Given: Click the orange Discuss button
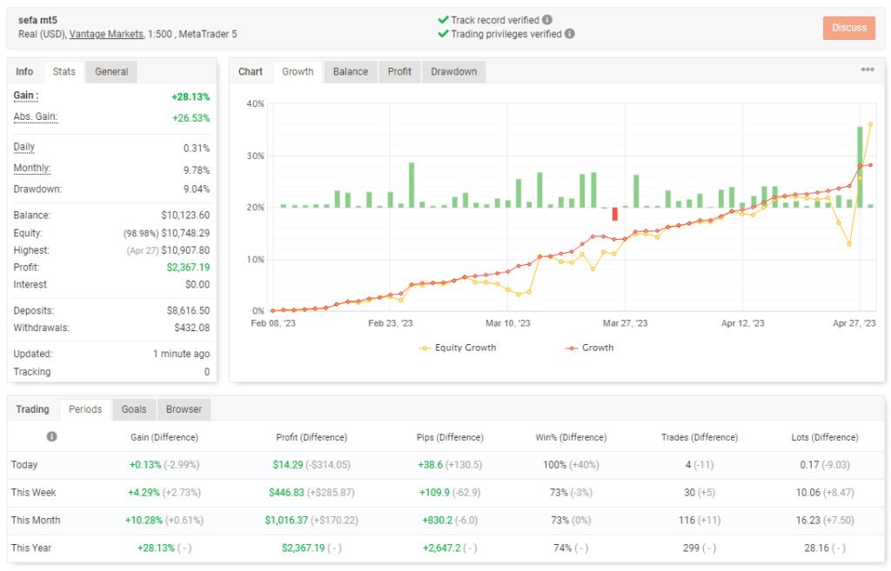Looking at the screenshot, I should (x=848, y=28).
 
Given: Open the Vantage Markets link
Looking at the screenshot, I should (x=108, y=34).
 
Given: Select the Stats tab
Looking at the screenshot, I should (x=64, y=72).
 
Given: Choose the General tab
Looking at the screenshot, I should (x=111, y=72).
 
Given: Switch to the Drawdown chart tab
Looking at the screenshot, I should (x=454, y=72).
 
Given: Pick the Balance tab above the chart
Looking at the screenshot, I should (x=350, y=72).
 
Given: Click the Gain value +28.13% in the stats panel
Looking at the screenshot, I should (x=191, y=97).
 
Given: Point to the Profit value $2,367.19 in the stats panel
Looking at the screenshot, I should (x=188, y=268).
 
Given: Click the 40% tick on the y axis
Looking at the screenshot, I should (x=256, y=104).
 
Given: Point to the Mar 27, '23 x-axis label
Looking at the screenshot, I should (x=625, y=323).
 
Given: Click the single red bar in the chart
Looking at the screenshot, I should (x=614, y=214).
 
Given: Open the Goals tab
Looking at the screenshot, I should (x=133, y=409).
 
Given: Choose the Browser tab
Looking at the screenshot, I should (x=184, y=409).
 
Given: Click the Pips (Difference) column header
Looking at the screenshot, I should (x=445, y=437).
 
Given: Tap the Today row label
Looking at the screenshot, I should (x=24, y=465).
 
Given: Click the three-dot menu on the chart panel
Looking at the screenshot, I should (x=868, y=70).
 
